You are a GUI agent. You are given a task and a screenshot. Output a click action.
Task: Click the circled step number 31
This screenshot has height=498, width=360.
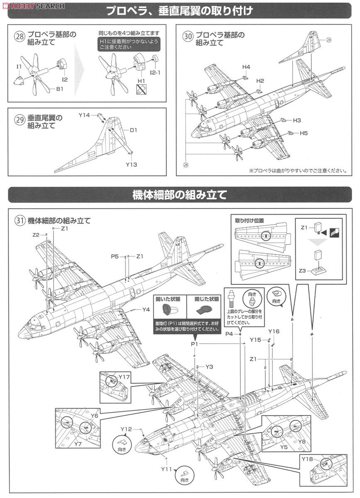(x=20, y=220)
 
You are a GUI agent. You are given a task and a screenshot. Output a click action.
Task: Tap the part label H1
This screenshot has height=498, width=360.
(x=141, y=80)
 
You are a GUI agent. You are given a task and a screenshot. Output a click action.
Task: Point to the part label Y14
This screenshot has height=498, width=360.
(x=84, y=115)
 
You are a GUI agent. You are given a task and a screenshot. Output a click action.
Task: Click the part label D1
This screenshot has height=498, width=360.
(x=133, y=130)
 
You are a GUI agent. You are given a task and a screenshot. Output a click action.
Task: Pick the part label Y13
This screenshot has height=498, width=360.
(x=131, y=164)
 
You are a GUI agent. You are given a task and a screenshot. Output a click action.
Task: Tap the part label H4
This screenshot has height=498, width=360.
(x=246, y=67)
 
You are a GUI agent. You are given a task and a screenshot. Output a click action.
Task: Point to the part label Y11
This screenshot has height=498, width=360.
(x=167, y=469)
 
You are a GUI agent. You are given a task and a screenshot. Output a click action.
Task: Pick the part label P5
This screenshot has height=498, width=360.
(x=115, y=256)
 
